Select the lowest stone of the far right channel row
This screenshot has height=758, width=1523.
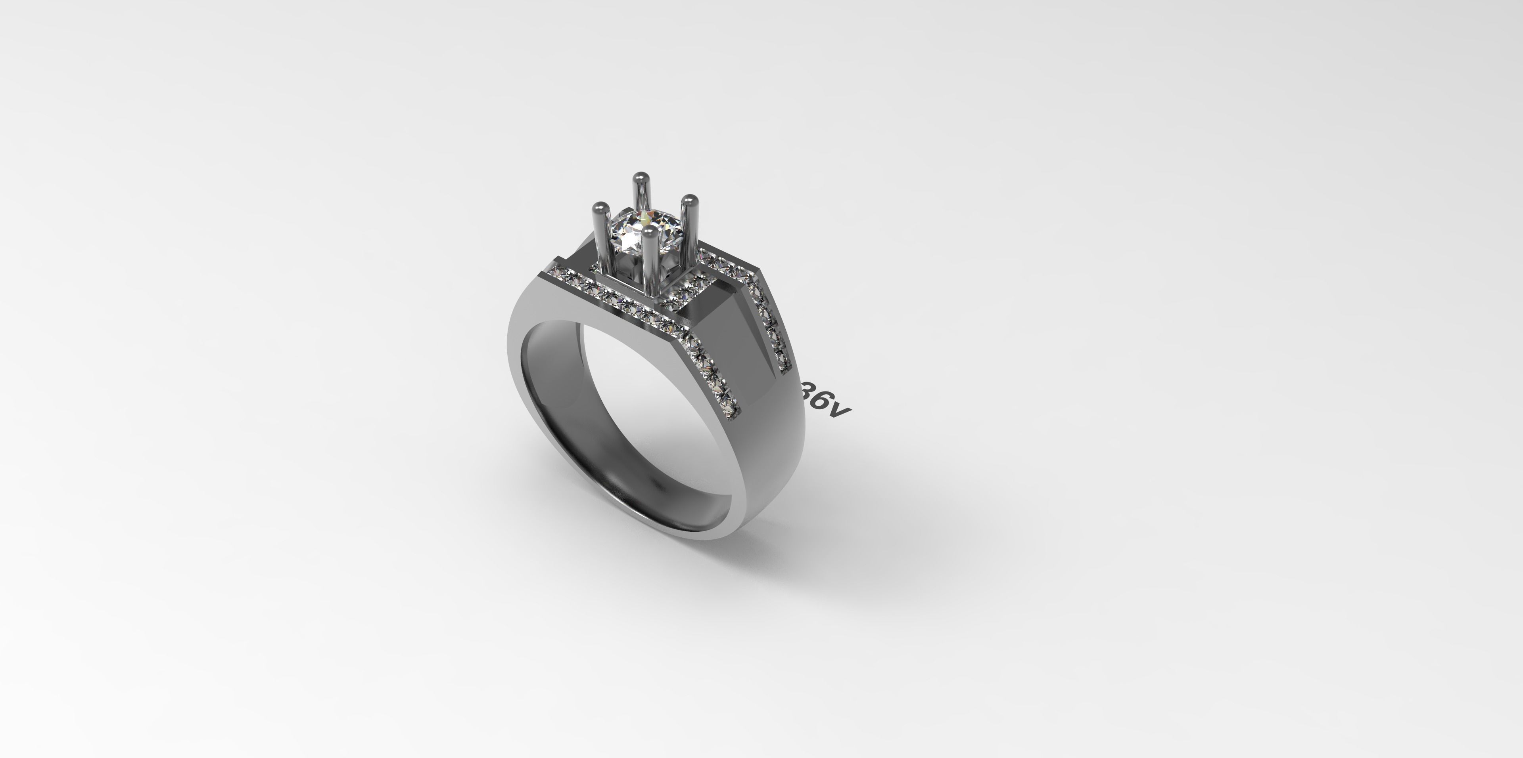(x=785, y=365)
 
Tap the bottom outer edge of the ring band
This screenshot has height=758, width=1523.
(x=704, y=535)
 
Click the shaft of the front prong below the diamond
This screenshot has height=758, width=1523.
(x=648, y=272)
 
